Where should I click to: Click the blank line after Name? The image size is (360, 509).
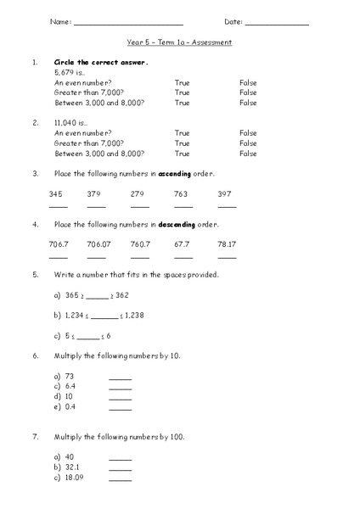tap(128, 23)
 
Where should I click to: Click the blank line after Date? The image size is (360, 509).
tap(277, 23)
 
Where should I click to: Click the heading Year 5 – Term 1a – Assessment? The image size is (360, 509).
tap(179, 42)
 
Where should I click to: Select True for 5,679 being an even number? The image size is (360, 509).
tap(182, 82)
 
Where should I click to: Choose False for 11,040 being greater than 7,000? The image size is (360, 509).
tap(248, 143)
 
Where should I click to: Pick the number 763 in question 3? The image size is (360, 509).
tap(181, 194)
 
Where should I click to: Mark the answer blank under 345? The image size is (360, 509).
tap(58, 206)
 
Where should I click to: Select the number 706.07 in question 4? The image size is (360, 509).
tap(98, 245)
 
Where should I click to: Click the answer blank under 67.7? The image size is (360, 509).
tap(183, 256)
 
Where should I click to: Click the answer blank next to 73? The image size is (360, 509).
tap(121, 378)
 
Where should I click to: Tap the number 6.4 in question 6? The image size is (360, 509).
tap(70, 386)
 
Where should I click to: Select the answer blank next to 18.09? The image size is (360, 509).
tap(121, 480)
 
